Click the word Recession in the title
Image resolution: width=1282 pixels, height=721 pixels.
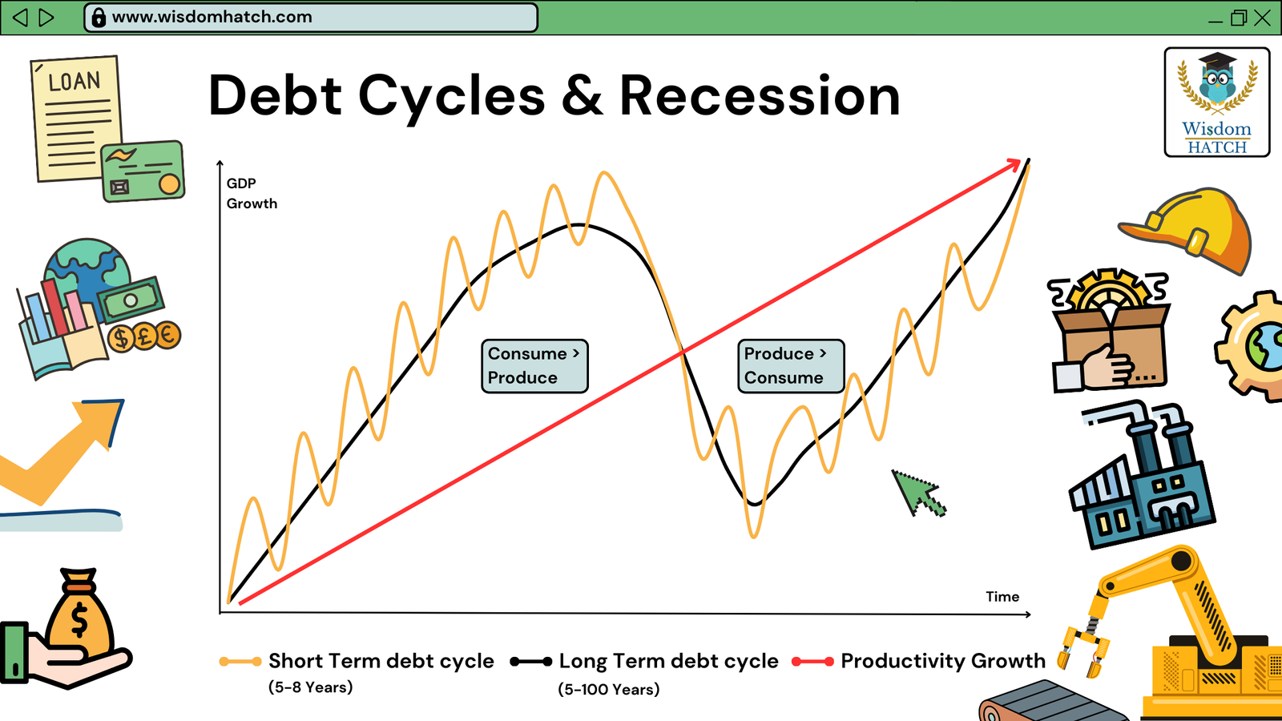click(x=760, y=95)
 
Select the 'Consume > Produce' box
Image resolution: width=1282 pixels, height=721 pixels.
click(x=534, y=366)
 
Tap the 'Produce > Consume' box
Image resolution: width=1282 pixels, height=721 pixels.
click(x=791, y=366)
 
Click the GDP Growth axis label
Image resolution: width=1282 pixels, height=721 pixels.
click(x=252, y=193)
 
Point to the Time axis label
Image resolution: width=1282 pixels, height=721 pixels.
click(x=1002, y=597)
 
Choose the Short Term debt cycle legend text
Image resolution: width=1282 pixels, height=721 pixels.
click(x=381, y=661)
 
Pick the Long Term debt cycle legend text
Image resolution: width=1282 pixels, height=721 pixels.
click(x=668, y=661)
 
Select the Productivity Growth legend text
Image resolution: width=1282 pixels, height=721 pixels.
click(x=942, y=661)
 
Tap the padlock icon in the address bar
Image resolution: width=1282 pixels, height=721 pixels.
click(x=99, y=18)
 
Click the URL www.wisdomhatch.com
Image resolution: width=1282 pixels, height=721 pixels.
click(x=212, y=17)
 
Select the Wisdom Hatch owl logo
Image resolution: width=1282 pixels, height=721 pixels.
click(x=1217, y=102)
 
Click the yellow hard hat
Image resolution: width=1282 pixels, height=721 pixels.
click(x=1188, y=230)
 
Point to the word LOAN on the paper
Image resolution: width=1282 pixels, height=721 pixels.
click(x=75, y=81)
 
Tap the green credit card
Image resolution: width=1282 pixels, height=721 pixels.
click(x=143, y=171)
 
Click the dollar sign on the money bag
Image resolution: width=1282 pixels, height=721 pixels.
click(x=79, y=622)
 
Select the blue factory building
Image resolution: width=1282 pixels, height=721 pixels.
click(x=1142, y=475)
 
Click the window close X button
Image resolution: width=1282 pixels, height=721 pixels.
click(x=1262, y=18)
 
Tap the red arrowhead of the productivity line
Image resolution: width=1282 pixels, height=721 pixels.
click(x=1013, y=165)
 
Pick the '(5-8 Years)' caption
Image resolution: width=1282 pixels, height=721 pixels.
click(x=311, y=687)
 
